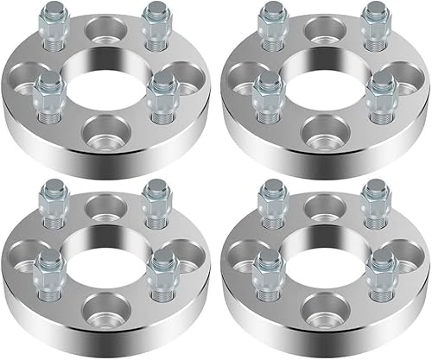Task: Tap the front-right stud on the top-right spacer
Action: point(378,96)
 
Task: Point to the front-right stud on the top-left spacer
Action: point(161,96)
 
